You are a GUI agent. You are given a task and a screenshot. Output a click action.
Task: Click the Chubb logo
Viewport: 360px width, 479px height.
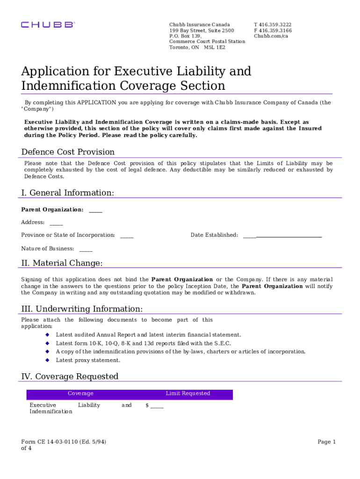coord(47,25)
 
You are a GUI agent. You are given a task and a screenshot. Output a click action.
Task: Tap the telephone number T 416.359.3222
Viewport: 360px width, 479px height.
coord(273,24)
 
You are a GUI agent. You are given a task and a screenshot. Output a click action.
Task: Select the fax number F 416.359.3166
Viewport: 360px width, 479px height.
coord(273,30)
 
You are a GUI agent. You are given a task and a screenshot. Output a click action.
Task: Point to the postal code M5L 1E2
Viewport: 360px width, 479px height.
coord(214,47)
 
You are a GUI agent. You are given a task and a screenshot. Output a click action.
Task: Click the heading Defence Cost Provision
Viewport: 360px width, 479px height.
coord(68,152)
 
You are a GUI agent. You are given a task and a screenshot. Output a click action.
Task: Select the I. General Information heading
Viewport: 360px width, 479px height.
coord(67,193)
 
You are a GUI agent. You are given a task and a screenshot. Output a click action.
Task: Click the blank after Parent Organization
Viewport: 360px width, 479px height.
coord(95,210)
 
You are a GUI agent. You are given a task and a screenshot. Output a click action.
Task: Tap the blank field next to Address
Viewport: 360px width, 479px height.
coord(56,223)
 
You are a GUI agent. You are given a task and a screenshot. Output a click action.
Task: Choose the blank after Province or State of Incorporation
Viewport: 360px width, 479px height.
coord(127,235)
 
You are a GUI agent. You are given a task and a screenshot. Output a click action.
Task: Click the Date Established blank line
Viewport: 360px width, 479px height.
coord(282,235)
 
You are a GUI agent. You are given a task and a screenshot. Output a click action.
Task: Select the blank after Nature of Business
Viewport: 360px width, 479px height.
coord(86,249)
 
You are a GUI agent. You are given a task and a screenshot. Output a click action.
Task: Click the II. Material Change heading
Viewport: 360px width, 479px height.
coord(62,263)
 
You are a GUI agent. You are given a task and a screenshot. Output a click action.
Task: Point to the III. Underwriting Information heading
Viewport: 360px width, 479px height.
coord(82,309)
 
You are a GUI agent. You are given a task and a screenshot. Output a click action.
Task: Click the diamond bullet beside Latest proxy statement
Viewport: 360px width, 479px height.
coord(47,360)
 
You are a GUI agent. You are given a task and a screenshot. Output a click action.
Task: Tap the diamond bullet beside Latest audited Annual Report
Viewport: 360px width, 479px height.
coord(47,335)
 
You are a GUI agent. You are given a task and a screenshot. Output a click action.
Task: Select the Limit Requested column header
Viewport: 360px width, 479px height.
coord(188,394)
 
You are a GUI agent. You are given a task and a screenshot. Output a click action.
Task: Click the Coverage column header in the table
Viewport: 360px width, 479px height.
coord(80,394)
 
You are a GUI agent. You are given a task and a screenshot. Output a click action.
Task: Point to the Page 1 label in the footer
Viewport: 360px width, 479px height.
coord(327,442)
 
